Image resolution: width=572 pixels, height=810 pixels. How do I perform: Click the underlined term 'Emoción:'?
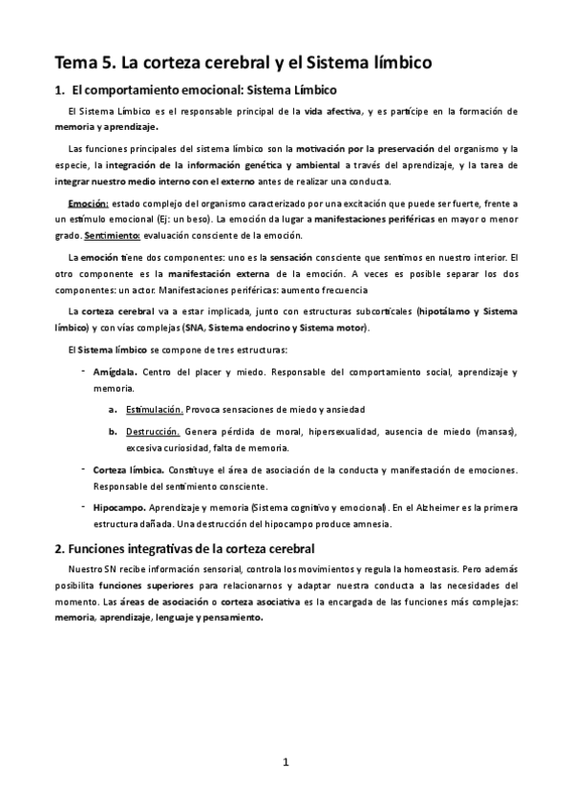pos(89,204)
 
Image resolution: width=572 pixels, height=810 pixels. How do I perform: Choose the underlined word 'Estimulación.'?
pos(155,409)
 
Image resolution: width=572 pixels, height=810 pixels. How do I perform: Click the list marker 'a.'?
pos(114,409)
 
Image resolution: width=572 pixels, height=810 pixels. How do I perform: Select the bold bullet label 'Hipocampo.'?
pos(117,509)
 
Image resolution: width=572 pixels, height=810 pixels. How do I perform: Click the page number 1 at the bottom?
pos(286,761)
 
